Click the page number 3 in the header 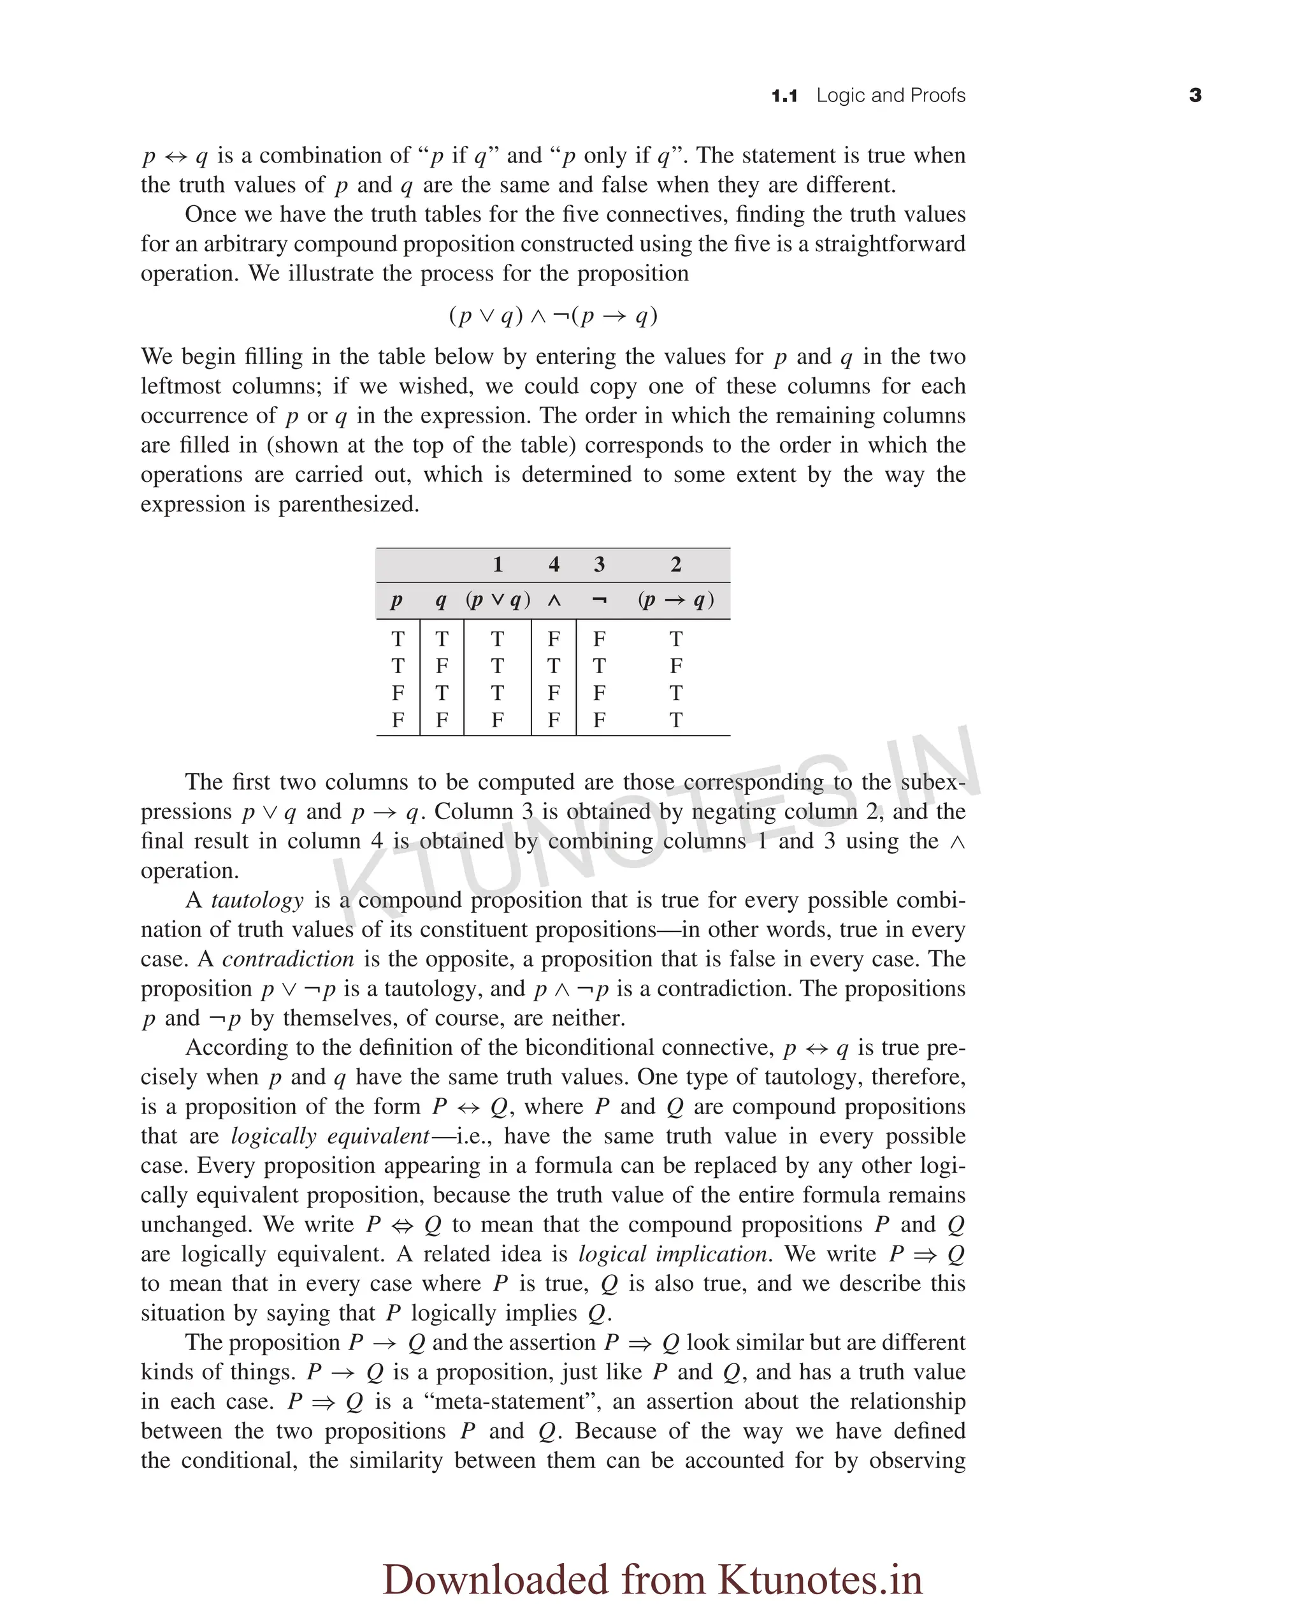[x=1195, y=96]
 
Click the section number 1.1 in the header [x=784, y=96]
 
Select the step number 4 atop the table [x=554, y=565]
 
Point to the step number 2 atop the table [x=676, y=565]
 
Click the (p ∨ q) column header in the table [x=498, y=600]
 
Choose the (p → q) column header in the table [x=676, y=600]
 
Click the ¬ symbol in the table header [x=599, y=600]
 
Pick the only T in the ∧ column [x=554, y=666]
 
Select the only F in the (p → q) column [x=676, y=666]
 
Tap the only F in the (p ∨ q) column [x=498, y=720]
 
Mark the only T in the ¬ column [x=599, y=666]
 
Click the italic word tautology [x=257, y=901]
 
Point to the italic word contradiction [x=288, y=959]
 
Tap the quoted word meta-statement [x=512, y=1402]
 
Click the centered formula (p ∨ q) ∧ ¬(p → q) [x=553, y=315]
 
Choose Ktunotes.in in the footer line [x=819, y=1579]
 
